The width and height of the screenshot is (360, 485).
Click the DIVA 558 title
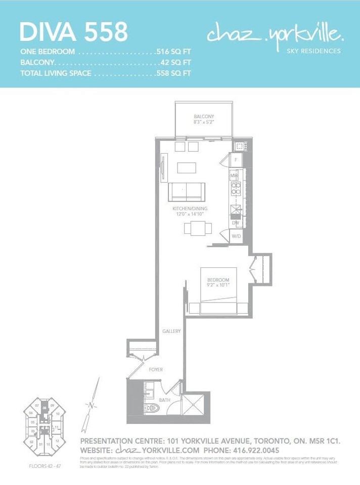[x=74, y=32]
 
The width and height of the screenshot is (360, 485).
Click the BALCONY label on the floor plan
[x=204, y=117]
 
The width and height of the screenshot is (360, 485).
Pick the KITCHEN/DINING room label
[x=190, y=208]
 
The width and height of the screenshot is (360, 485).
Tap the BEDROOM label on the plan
[x=218, y=280]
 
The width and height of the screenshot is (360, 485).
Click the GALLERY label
[x=171, y=331]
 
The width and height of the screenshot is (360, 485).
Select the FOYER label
[x=156, y=370]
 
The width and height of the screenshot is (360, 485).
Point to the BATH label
[x=165, y=400]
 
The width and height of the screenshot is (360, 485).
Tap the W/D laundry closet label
[x=236, y=236]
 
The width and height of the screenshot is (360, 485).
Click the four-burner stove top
[x=236, y=188]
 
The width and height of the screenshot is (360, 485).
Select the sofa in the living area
[x=187, y=192]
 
